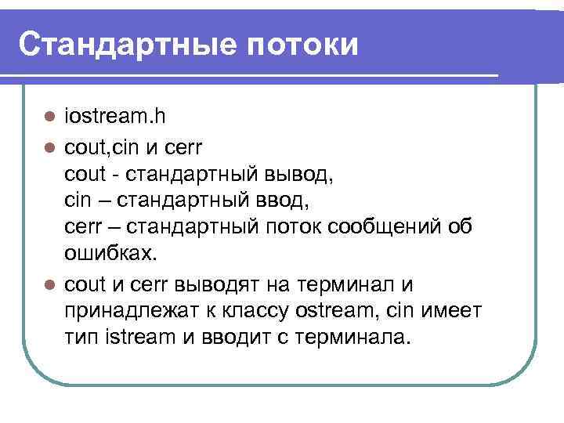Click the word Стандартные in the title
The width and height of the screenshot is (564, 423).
coord(124,45)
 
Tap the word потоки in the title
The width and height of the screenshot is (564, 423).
coord(302,45)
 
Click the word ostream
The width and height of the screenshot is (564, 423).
coord(334,311)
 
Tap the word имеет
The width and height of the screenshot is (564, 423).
coord(453,311)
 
